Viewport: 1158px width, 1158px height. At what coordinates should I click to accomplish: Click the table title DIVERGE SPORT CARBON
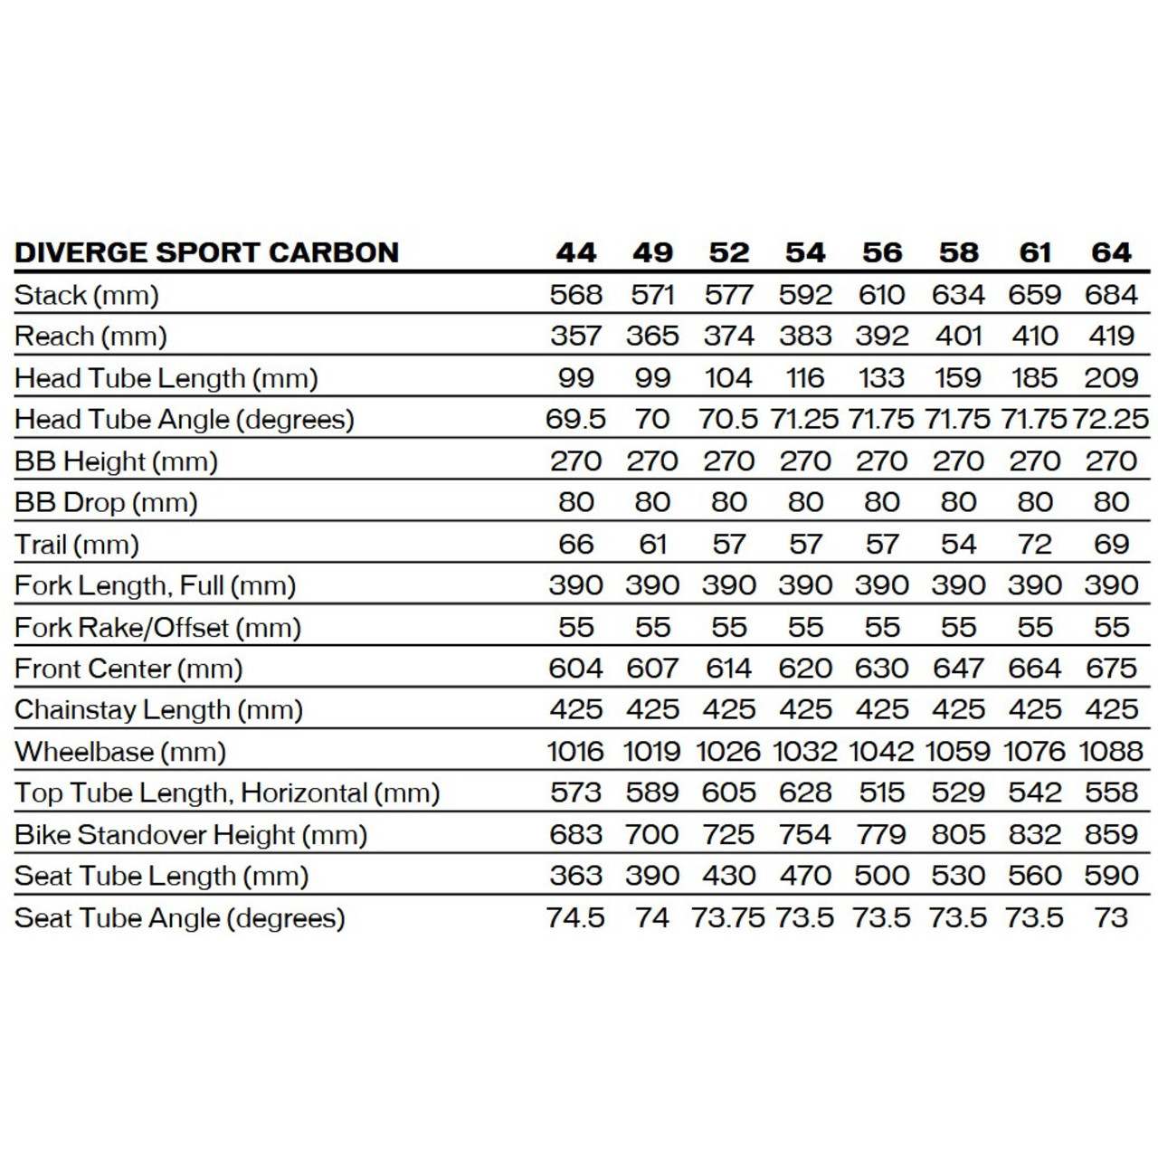point(206,252)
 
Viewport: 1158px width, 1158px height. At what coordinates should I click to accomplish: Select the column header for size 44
point(575,252)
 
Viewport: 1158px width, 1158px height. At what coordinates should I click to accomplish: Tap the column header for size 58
point(958,252)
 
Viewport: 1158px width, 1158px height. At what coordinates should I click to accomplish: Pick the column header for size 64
point(1111,252)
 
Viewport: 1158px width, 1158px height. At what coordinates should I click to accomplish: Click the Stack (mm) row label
point(87,295)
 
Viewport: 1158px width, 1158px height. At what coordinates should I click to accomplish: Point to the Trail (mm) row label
point(77,545)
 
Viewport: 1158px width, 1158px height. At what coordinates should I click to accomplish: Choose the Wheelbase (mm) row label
point(120,752)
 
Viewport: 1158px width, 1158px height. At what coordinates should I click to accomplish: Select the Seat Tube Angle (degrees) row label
point(180,918)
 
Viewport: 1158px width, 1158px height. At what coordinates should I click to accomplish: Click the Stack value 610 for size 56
point(881,295)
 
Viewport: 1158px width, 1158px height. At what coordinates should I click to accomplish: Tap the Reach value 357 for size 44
point(575,336)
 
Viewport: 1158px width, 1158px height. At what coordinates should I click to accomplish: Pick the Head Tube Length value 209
point(1111,377)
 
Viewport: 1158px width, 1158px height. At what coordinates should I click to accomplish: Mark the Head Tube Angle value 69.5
point(575,420)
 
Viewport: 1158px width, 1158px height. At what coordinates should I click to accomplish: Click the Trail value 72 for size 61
point(1034,545)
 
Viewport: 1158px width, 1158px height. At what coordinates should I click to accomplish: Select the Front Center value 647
point(958,669)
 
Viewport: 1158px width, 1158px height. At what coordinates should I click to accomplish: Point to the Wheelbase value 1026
point(728,752)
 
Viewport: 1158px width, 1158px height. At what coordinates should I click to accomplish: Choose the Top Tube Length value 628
point(805,793)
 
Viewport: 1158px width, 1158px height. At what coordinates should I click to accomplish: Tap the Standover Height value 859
point(1111,834)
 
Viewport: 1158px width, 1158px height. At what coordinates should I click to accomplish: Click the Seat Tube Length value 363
point(575,876)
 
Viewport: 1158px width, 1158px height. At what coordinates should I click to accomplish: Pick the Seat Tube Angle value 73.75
point(728,918)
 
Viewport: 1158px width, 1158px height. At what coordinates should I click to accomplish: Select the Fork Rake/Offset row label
point(157,628)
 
